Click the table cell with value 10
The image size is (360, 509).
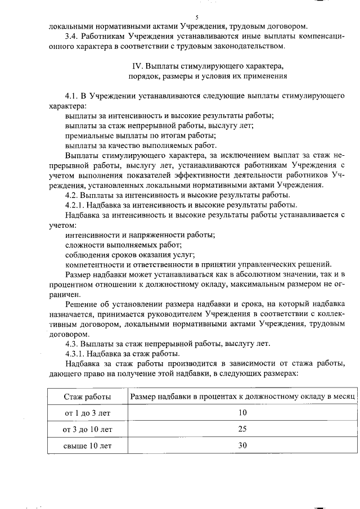[242, 412]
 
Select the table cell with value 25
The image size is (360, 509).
[242, 429]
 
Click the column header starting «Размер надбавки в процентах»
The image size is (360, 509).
[242, 396]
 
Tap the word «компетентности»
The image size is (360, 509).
[94, 264]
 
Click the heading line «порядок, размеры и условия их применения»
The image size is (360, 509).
[208, 75]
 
